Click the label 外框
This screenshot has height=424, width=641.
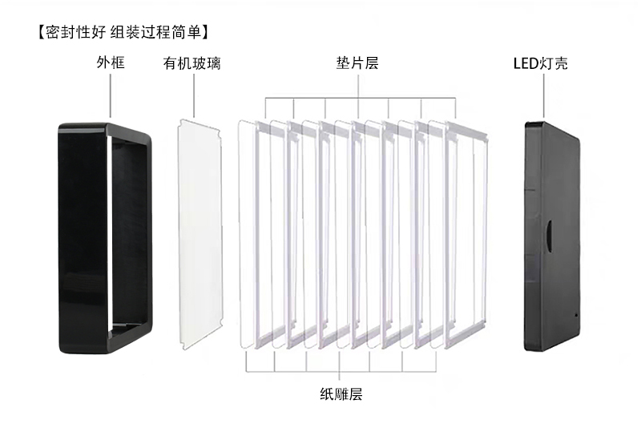coord(111,63)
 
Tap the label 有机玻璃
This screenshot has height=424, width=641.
coord(191,63)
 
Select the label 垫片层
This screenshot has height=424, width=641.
coord(357,63)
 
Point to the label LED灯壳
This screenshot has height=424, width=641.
coord(540,63)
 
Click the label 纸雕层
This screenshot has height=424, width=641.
coord(341,394)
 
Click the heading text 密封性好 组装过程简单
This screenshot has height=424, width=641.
coord(123,32)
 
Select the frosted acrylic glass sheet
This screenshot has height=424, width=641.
coord(200,235)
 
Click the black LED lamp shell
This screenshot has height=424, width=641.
coord(553,236)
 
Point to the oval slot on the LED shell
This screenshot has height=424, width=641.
coord(550,236)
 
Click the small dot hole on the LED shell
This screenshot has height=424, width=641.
coord(576,315)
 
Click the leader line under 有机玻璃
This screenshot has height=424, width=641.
coord(194,95)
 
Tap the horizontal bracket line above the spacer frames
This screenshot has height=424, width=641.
coord(361,98)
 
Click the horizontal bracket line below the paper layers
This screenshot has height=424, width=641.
coord(341,372)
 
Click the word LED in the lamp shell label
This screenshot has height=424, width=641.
coord(526,64)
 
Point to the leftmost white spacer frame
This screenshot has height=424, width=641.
coord(257,235)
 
